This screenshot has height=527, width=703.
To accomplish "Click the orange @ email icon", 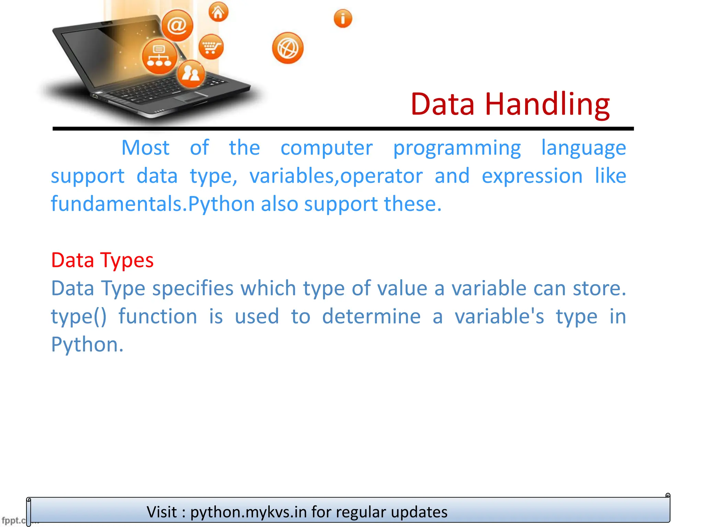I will pos(177,25).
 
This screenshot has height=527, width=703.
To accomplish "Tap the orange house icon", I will pos(218,12).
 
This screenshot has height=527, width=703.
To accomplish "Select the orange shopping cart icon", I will pos(211,47).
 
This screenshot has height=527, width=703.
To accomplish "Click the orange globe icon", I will pos(288,48).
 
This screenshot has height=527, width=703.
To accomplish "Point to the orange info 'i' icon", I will pos(343,19).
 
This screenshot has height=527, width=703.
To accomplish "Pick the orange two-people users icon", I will pos(191,73).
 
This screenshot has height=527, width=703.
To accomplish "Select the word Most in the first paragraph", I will pos(146,148).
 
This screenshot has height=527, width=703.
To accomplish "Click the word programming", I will pos(457,148).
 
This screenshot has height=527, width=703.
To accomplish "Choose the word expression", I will pos(532,176).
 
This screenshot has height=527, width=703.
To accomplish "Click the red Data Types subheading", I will pos(102,260).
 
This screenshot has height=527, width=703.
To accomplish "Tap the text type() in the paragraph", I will pos(79,316).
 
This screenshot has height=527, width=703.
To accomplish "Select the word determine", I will pos(371,316).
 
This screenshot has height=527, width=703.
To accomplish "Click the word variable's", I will pos(499,316).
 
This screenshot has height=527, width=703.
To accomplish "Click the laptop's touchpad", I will pos(191,96).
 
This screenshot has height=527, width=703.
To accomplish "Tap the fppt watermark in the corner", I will pos(14,520).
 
